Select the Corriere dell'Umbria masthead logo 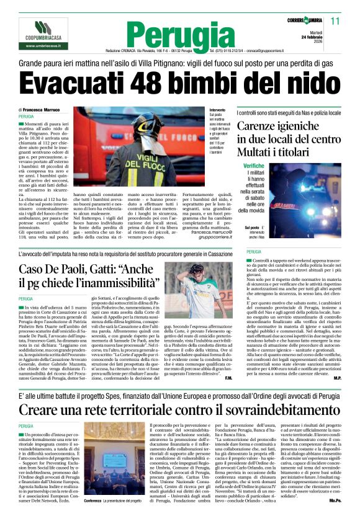click(309, 21)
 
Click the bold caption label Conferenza click(93, 501)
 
